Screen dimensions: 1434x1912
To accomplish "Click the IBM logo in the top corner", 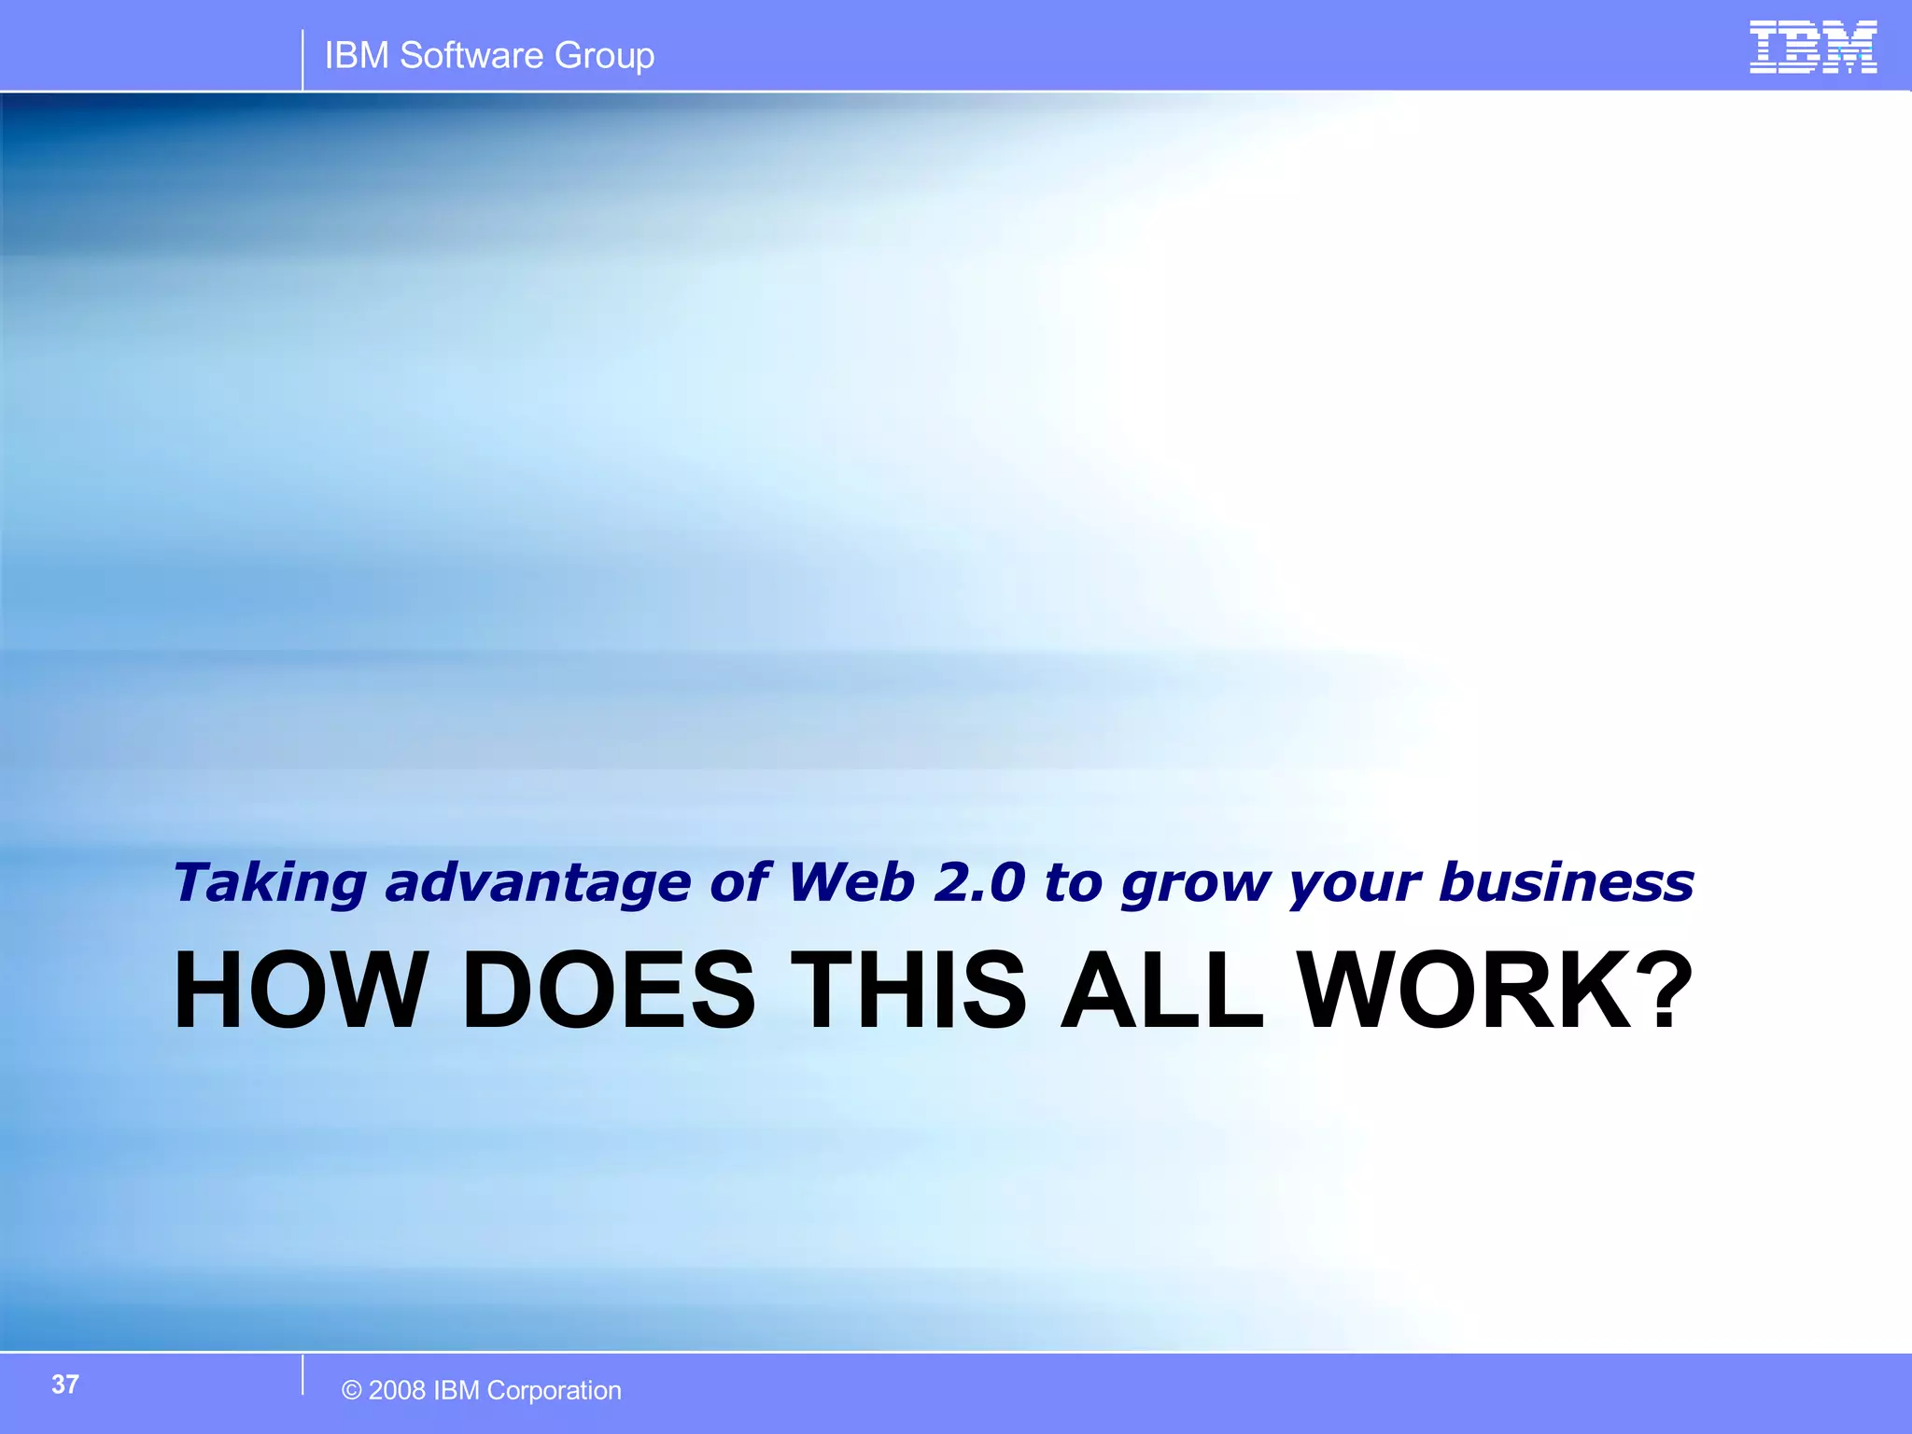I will click(1813, 47).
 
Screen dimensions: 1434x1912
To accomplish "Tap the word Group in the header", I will click(604, 57).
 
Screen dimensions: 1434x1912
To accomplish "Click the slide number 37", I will click(65, 1385).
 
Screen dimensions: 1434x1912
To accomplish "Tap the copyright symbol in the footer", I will click(352, 1391).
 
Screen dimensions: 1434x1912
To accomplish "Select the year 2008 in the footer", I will click(398, 1391).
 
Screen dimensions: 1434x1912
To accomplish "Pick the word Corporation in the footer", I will click(554, 1391).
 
